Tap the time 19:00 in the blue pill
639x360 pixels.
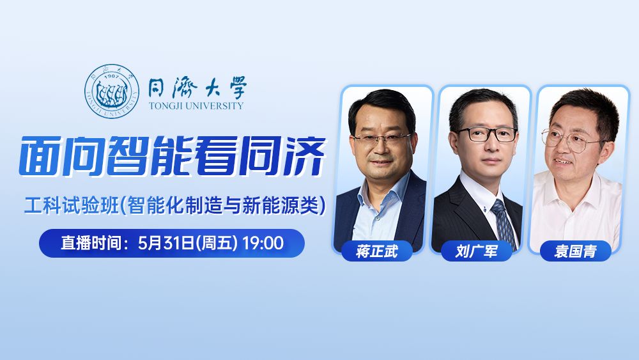tap(263, 243)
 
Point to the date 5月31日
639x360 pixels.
tap(169, 243)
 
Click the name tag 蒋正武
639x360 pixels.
tap(377, 251)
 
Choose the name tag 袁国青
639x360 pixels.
tap(575, 251)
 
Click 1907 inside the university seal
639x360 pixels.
tap(112, 78)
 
